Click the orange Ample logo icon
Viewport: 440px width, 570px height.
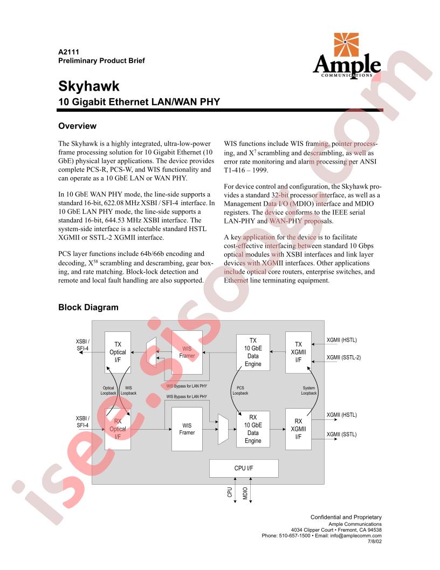pos(346,44)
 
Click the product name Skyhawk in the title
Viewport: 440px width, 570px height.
pos(89,86)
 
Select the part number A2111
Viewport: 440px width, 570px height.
pos(68,52)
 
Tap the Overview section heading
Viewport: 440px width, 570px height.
pos(77,126)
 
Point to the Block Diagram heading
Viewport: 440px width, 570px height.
pos(88,307)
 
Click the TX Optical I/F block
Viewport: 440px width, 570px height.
pos(118,352)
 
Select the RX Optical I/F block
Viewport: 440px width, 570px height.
pos(118,429)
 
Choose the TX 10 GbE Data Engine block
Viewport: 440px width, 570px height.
pos(253,352)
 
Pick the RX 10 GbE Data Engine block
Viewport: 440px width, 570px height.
pos(253,429)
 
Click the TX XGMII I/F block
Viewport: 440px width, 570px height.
pos(298,352)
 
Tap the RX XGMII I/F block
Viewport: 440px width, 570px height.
pos(298,429)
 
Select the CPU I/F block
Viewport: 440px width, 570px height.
pos(244,468)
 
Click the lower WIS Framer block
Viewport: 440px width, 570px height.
pos(187,429)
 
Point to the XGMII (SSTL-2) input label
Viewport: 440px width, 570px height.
pos(343,357)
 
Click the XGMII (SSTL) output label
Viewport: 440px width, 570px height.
pos(342,435)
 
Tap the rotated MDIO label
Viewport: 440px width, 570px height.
pos(245,493)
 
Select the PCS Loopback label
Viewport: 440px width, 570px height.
pos(240,390)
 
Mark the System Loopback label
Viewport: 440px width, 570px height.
pos(309,390)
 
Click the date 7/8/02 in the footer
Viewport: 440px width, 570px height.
pos(375,541)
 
